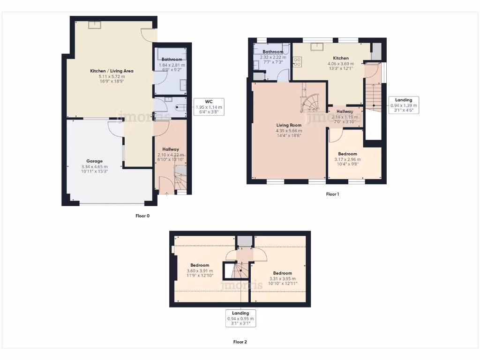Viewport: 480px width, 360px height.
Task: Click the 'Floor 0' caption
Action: (x=142, y=216)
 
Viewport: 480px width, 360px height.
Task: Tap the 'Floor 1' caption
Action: (x=332, y=194)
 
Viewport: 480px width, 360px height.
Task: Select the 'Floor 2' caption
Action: (x=240, y=342)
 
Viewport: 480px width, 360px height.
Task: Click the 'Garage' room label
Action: (x=94, y=161)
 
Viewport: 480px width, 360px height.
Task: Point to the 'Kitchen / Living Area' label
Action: (x=112, y=71)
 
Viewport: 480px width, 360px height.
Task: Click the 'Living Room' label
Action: (x=288, y=125)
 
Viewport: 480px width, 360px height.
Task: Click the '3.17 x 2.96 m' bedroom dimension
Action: (x=348, y=159)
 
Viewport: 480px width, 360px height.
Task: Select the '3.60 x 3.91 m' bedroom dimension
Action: (x=200, y=270)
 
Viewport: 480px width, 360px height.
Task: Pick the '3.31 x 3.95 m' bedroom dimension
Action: (x=283, y=278)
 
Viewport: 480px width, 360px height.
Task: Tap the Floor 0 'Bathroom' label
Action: (x=172, y=60)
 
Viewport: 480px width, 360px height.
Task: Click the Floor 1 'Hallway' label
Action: (x=345, y=112)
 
